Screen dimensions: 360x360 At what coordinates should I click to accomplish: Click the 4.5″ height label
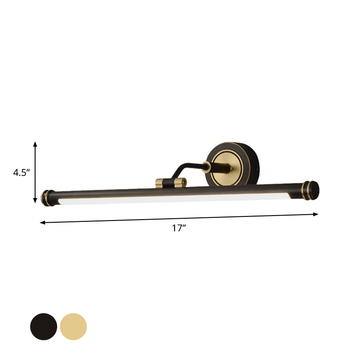click(x=21, y=172)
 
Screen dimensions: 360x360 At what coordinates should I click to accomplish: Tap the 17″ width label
click(x=179, y=228)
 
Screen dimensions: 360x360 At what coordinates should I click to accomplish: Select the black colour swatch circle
click(x=44, y=327)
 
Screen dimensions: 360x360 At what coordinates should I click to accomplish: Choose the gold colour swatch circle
click(x=73, y=327)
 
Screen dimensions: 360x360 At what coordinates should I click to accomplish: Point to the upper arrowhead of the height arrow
click(x=35, y=144)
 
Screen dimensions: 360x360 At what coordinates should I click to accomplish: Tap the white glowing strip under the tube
click(x=171, y=198)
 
